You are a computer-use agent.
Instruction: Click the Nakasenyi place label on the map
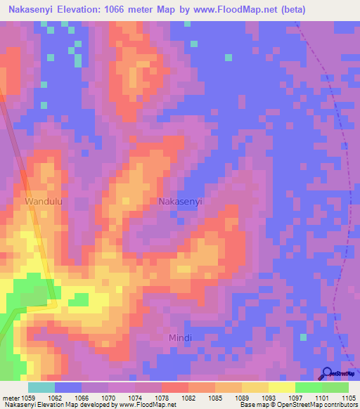click(x=181, y=201)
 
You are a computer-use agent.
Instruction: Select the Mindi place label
click(x=180, y=338)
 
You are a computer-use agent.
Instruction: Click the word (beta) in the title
click(x=292, y=10)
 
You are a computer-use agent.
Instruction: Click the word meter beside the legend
click(x=11, y=397)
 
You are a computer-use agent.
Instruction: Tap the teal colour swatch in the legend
click(x=41, y=387)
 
